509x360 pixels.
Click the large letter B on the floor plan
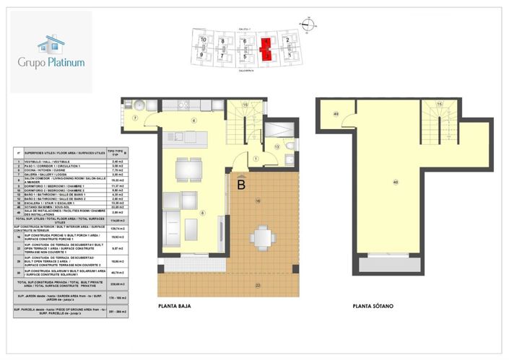[240, 185]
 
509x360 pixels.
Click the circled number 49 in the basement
[336, 113]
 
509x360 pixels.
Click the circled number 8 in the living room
[203, 212]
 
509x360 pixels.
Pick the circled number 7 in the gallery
[135, 118]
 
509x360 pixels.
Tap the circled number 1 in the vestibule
[256, 159]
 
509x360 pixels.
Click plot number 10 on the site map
[204, 40]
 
